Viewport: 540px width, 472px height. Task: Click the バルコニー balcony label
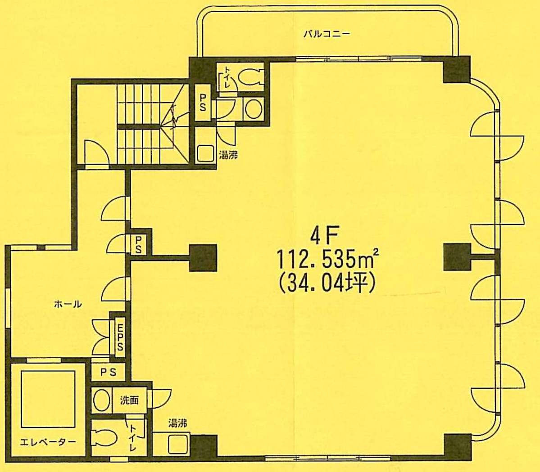click(327, 34)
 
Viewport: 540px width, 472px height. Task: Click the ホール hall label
click(68, 304)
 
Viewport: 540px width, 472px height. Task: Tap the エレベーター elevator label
click(48, 442)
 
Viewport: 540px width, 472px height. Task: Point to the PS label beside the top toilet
click(203, 103)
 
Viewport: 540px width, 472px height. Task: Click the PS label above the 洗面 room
click(108, 372)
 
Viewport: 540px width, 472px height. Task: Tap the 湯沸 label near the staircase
click(228, 156)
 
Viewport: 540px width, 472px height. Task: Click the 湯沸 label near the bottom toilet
click(178, 423)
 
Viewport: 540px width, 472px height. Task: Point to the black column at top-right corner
click(457, 70)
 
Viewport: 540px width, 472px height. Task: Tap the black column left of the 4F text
click(203, 257)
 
